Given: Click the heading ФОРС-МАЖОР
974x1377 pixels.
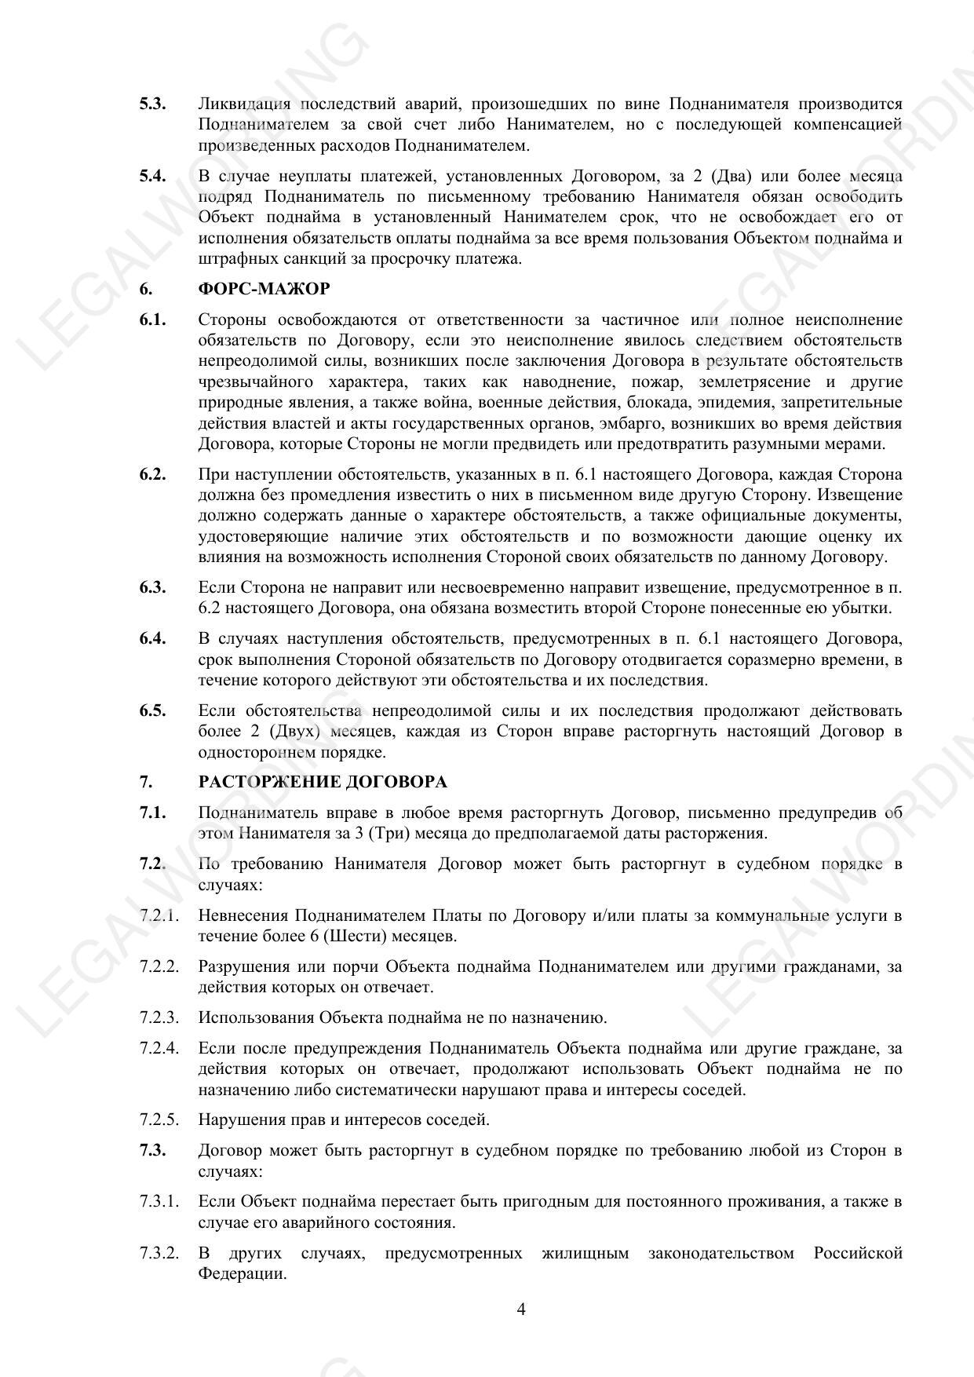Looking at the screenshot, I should coord(264,289).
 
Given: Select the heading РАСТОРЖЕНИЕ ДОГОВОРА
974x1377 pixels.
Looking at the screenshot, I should coord(323,782).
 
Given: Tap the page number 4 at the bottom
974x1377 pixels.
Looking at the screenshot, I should coord(521,1309).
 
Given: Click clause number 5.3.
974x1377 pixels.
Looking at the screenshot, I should coord(152,104).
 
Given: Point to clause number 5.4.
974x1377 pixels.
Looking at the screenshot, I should coord(152,176).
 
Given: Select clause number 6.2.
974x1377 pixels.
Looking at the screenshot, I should coord(152,474).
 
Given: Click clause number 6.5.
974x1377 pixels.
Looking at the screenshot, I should coord(152,710).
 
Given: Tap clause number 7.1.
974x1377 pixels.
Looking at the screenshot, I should coord(152,813).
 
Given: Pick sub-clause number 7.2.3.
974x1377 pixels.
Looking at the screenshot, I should coord(159,1017).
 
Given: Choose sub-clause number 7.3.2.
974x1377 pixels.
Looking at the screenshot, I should coord(159,1253).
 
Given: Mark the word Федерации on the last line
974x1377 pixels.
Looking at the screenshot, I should coord(242,1273).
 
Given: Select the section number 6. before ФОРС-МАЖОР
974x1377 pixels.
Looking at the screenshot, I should coord(145,289).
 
